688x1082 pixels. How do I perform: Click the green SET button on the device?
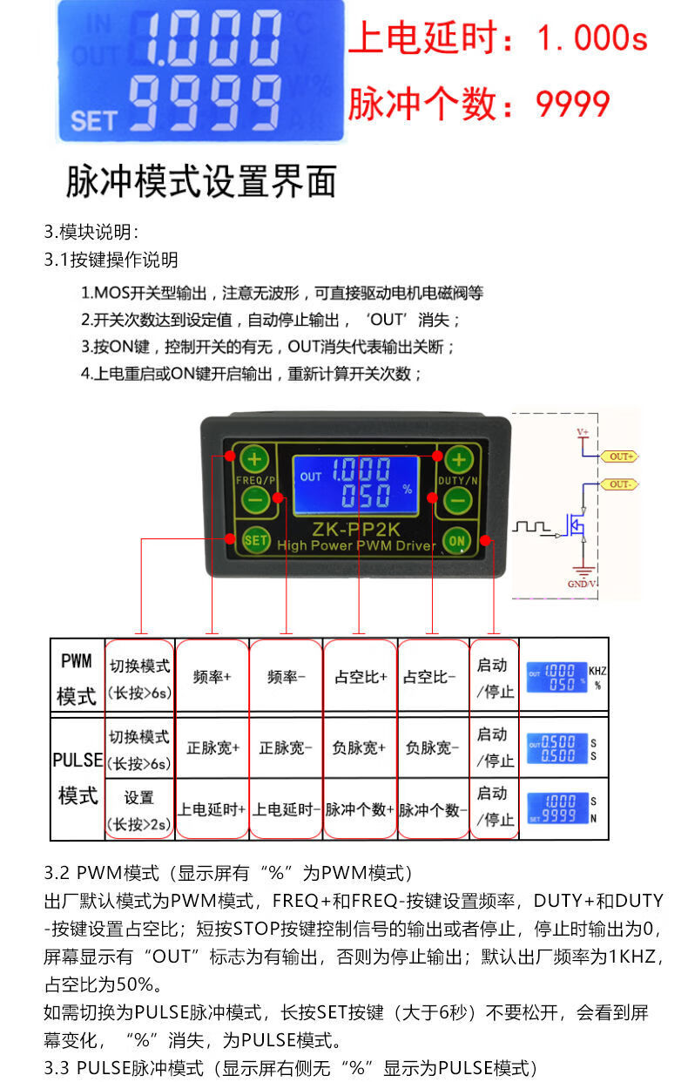coord(255,540)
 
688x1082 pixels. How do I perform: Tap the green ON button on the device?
coord(458,540)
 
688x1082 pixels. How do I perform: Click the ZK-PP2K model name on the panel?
coord(356,528)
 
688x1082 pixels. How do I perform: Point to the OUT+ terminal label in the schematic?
coord(622,456)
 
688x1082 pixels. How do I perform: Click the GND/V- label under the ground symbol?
coord(582,584)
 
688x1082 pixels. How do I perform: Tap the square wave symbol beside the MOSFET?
coord(531,526)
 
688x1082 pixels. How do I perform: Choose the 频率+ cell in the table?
coord(212,676)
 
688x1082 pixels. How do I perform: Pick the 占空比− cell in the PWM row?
coord(433,676)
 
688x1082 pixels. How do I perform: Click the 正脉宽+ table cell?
coord(212,747)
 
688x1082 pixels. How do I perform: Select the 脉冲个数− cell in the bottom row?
coord(433,809)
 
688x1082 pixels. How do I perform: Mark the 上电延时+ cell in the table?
coord(212,809)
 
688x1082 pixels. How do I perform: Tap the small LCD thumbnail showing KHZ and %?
coord(557,677)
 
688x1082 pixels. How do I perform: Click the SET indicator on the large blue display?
coord(93,119)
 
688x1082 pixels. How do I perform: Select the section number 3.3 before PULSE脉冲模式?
coord(57,1067)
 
